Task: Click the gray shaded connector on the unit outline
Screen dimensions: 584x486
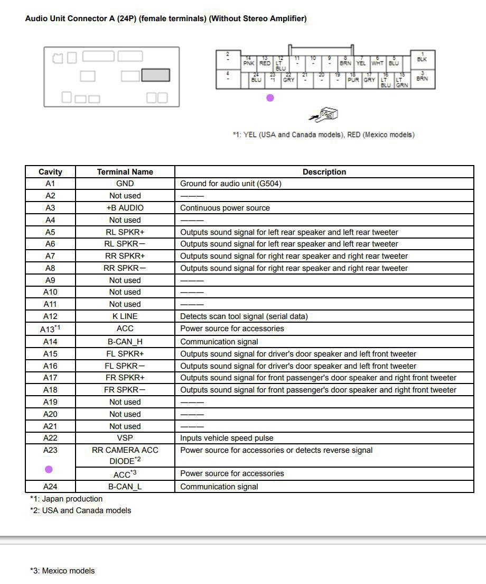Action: click(x=155, y=75)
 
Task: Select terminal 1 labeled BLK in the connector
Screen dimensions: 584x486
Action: click(x=422, y=59)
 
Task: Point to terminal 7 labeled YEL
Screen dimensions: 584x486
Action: click(x=361, y=62)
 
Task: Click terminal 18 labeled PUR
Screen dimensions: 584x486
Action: click(x=353, y=79)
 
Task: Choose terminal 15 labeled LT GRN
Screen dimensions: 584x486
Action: click(x=402, y=81)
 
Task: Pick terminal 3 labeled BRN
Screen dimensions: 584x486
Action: click(x=422, y=77)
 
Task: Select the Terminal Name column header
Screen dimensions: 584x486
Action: click(x=125, y=172)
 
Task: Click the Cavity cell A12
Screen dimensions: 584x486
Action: click(x=50, y=316)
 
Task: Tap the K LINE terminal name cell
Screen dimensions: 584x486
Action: click(x=125, y=316)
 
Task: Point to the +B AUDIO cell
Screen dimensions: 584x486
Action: click(x=125, y=208)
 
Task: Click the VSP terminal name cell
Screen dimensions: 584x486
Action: click(x=125, y=438)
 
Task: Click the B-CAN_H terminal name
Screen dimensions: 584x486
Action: click(x=125, y=342)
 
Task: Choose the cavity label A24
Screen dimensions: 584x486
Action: click(x=50, y=487)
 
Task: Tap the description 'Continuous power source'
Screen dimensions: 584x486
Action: click(x=225, y=208)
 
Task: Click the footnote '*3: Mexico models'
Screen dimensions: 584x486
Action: click(x=62, y=571)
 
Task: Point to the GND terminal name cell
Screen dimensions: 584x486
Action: click(x=125, y=184)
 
